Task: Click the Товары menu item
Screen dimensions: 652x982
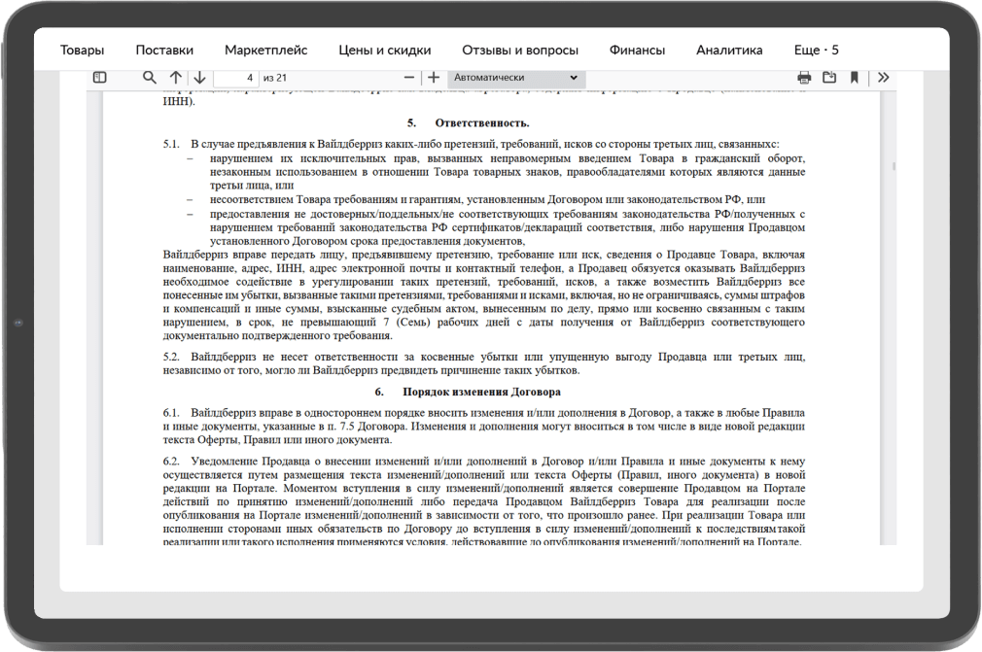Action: pyautogui.click(x=82, y=51)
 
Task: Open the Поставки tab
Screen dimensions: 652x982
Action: pyautogui.click(x=164, y=51)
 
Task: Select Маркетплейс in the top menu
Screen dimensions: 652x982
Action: pyautogui.click(x=265, y=51)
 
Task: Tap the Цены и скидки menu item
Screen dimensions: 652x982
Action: pyautogui.click(x=384, y=51)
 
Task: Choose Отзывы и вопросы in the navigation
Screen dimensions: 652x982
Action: pyautogui.click(x=520, y=51)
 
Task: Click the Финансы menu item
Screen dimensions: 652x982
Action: pyautogui.click(x=637, y=51)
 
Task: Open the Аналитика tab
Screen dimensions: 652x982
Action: pyautogui.click(x=729, y=51)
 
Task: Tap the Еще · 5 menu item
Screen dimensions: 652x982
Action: pyautogui.click(x=816, y=51)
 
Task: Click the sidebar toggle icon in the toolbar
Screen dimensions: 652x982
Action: pyautogui.click(x=100, y=78)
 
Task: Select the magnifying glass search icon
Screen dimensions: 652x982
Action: pyautogui.click(x=150, y=78)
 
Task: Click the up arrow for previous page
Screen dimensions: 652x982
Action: pyautogui.click(x=176, y=78)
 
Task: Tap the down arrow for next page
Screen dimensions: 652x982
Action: pyautogui.click(x=198, y=78)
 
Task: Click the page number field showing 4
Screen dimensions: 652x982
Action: pyautogui.click(x=235, y=78)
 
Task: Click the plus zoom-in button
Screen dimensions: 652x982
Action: pyautogui.click(x=434, y=78)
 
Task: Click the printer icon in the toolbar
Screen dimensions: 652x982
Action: pyautogui.click(x=804, y=78)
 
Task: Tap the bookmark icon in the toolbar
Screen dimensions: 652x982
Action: pyautogui.click(x=854, y=78)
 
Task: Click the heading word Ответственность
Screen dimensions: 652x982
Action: pyautogui.click(x=482, y=123)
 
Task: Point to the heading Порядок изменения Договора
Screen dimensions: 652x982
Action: pyautogui.click(x=481, y=393)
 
